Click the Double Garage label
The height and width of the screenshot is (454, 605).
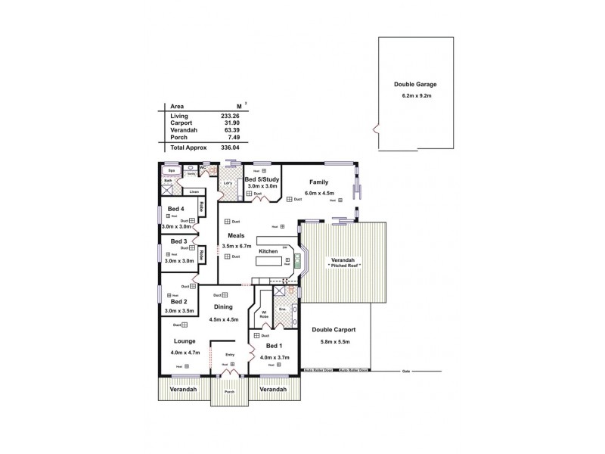(414, 86)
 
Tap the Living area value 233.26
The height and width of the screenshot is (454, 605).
(231, 116)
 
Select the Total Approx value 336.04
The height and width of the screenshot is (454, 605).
(231, 148)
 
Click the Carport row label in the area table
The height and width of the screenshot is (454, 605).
(181, 123)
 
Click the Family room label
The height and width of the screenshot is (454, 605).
(318, 182)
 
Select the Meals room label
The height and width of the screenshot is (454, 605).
(235, 235)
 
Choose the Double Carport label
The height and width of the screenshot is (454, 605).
(334, 331)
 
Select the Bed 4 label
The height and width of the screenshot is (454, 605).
(175, 209)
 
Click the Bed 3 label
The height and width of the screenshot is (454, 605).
(178, 241)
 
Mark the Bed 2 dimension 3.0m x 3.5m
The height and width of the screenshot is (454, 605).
(179, 311)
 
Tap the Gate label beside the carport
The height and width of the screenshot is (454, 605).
(406, 372)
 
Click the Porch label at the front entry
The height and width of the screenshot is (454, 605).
(229, 392)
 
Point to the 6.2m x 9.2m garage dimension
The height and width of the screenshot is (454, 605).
(414, 97)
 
